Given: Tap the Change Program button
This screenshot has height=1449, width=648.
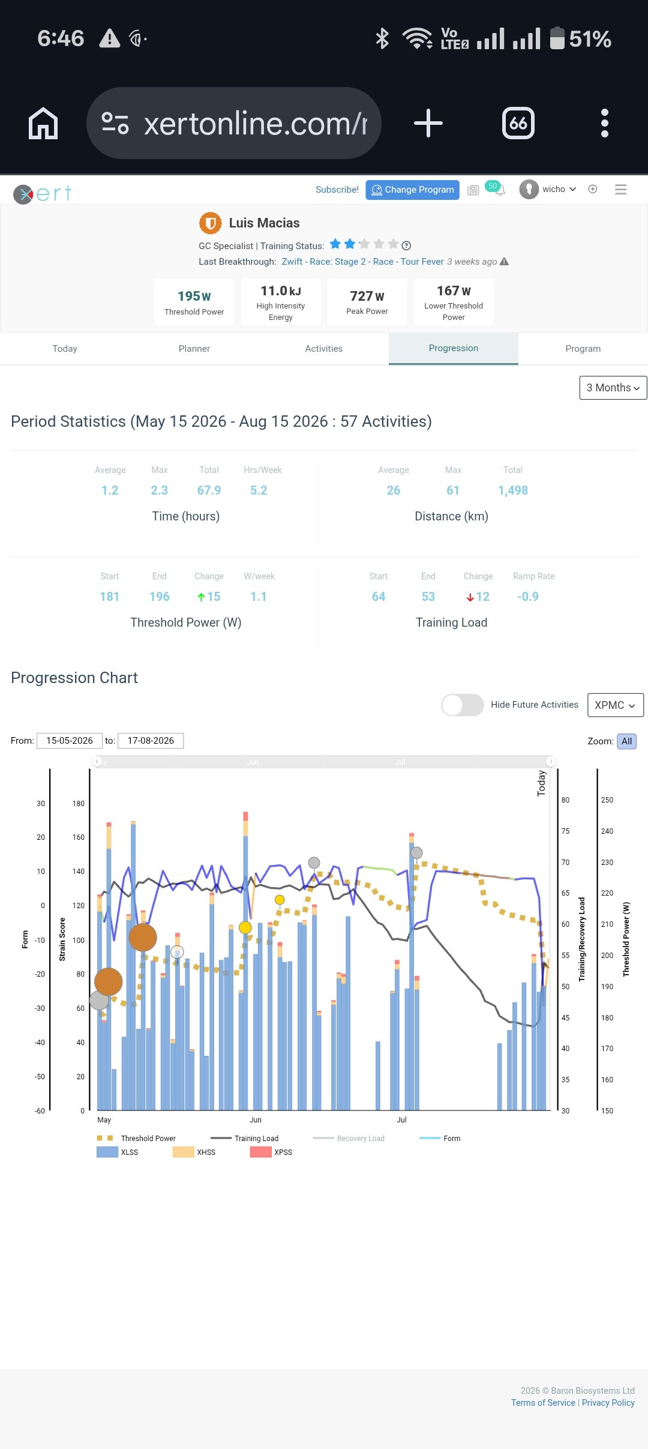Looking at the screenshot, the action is point(412,190).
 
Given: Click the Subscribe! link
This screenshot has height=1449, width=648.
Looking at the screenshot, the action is point(337,190).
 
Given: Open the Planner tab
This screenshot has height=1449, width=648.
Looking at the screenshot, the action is point(194,349).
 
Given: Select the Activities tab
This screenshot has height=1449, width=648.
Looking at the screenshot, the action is point(324,349).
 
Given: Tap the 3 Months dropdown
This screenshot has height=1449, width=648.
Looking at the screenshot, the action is point(613,388).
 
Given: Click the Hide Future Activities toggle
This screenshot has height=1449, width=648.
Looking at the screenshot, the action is point(463,705).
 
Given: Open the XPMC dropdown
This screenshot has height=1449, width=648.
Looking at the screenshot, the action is point(615,705).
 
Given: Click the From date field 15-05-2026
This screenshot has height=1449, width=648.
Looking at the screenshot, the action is point(69,741).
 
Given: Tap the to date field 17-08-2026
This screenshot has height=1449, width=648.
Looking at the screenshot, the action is point(151,741).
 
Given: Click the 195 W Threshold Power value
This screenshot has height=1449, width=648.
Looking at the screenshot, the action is point(194,296).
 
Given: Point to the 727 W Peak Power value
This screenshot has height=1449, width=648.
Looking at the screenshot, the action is point(367,296).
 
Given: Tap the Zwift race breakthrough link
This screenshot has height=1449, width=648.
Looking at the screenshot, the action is point(362,262).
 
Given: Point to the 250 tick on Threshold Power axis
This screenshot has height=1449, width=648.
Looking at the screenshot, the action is point(607,800).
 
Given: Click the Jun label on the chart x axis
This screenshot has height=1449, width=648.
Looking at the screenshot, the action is point(256,1120).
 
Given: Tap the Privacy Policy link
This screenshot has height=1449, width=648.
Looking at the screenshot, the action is point(608,1403).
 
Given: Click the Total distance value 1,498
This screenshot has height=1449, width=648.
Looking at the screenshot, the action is point(513,490).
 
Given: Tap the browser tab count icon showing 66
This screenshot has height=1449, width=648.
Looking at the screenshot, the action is point(518,123).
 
